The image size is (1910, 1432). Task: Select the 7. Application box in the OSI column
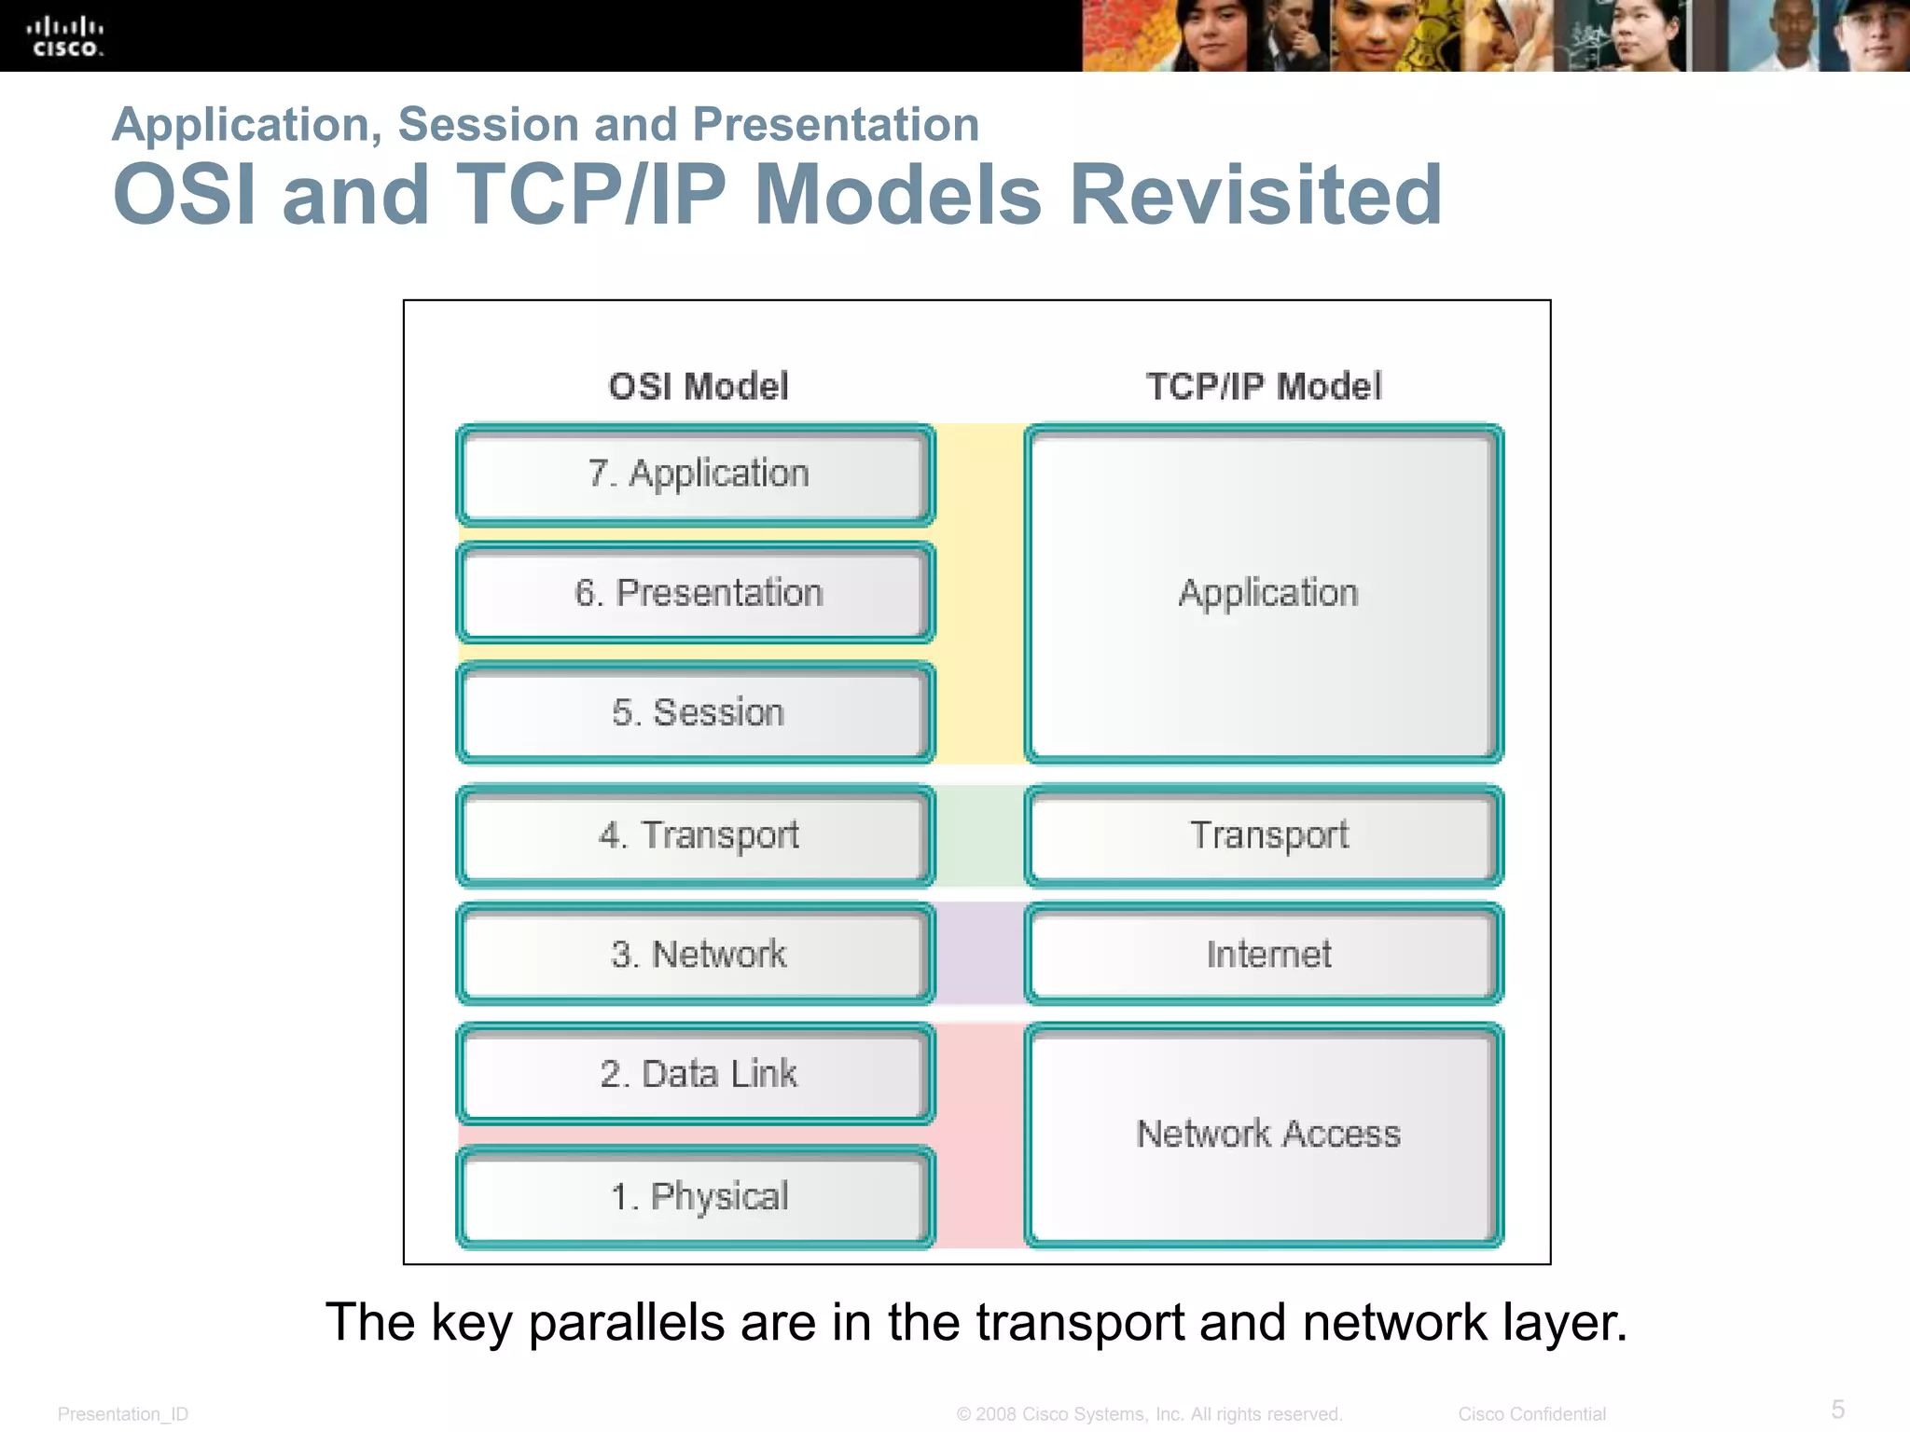(x=696, y=475)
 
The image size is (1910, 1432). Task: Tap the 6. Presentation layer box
(x=696, y=593)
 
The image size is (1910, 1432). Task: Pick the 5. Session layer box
(x=696, y=712)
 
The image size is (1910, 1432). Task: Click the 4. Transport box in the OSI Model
(x=696, y=835)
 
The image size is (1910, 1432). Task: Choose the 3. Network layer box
(x=696, y=954)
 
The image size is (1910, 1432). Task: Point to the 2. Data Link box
(x=696, y=1074)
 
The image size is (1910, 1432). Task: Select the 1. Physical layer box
(x=696, y=1196)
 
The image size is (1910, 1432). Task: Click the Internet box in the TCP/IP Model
(x=1265, y=954)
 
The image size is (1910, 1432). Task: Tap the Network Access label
(x=1268, y=1135)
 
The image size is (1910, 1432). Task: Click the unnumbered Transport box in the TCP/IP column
(x=1265, y=835)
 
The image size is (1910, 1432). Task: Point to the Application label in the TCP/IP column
(x=1268, y=594)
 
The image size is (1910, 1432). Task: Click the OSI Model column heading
(x=698, y=386)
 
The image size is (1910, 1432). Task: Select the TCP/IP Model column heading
(x=1264, y=386)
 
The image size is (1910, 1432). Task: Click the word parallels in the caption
(x=626, y=1322)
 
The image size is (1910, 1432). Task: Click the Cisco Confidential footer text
(x=1531, y=1413)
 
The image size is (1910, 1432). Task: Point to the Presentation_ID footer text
(x=123, y=1414)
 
